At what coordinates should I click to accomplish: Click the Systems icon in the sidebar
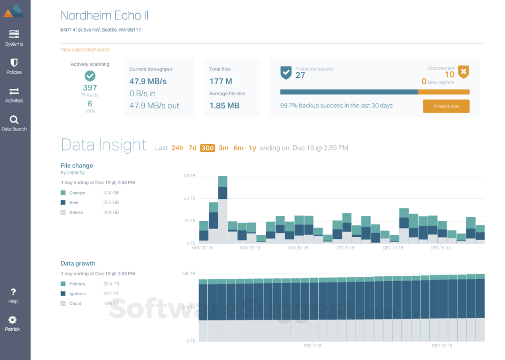click(x=14, y=34)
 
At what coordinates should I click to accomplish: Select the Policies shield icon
click(x=14, y=63)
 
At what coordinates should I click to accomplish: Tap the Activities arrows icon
click(x=14, y=91)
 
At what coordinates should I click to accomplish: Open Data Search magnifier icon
click(x=14, y=120)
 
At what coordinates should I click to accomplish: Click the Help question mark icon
click(x=13, y=292)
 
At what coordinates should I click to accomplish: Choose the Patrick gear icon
click(x=13, y=320)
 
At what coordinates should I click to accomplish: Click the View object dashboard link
click(x=85, y=50)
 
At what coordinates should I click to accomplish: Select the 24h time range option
click(x=177, y=148)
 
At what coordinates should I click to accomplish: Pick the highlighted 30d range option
click(x=207, y=148)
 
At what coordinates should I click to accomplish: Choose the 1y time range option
click(x=252, y=148)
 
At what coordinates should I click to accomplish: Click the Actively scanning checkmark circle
click(x=90, y=76)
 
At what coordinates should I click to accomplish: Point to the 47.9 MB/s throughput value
click(x=148, y=82)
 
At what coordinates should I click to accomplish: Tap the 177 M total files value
click(x=220, y=82)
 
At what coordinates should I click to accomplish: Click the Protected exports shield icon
click(x=286, y=72)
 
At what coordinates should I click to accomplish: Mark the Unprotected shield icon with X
click(x=463, y=72)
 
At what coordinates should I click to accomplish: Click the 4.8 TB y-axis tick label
click(x=189, y=176)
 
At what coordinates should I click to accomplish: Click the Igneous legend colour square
click(x=63, y=294)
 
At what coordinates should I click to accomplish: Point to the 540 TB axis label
click(x=189, y=274)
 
